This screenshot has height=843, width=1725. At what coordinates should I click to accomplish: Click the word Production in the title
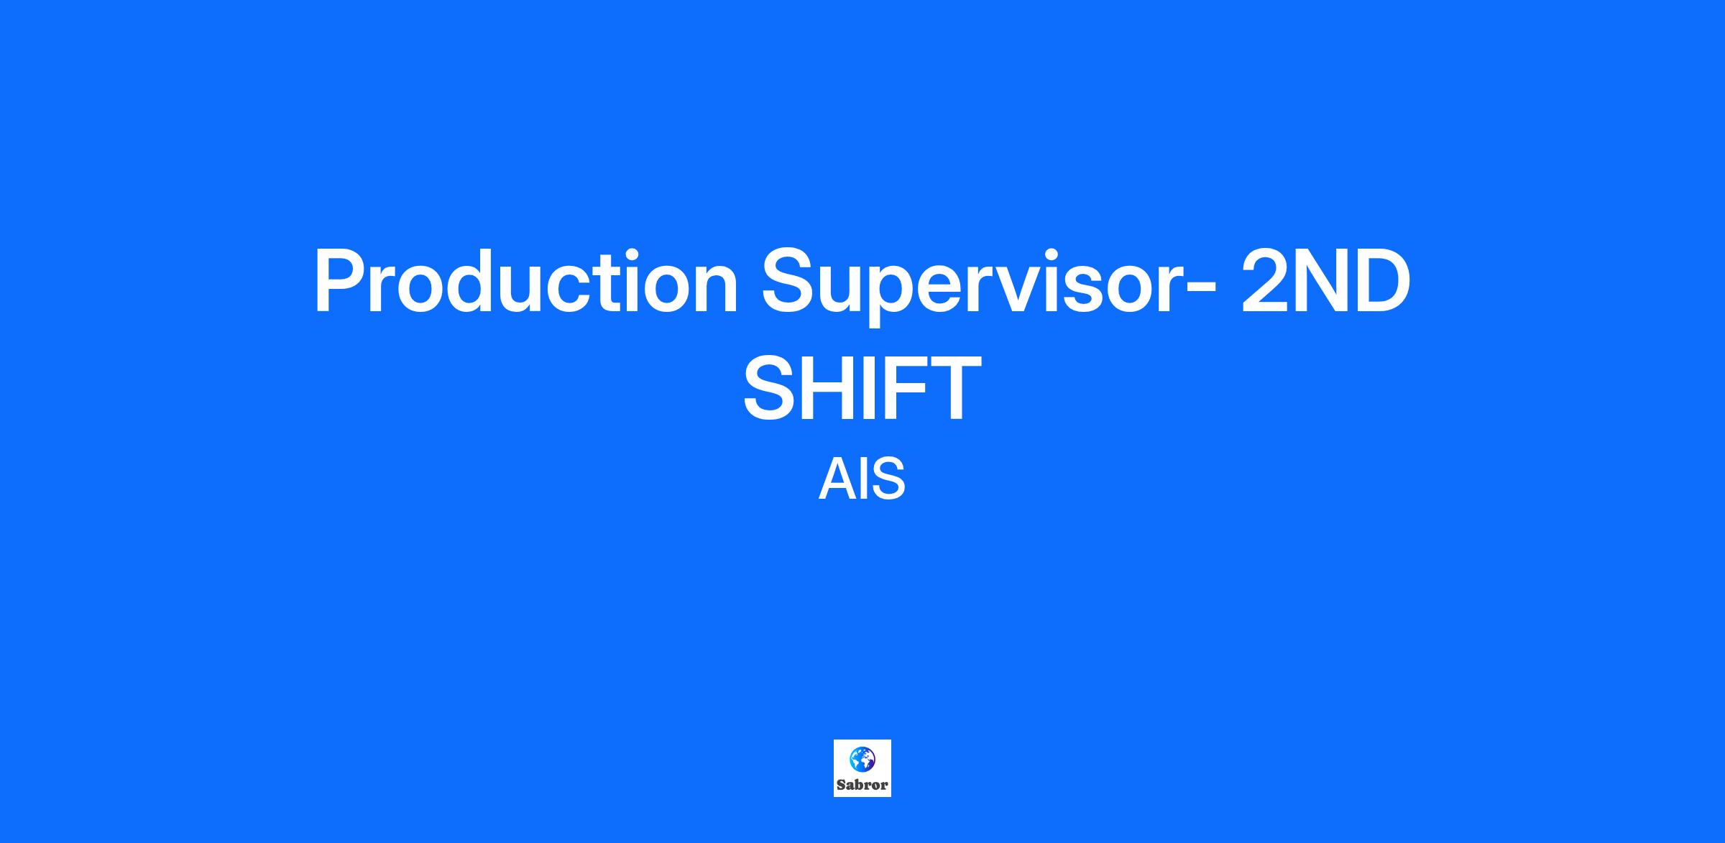click(x=526, y=281)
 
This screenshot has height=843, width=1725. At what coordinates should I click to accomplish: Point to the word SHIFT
click(x=862, y=388)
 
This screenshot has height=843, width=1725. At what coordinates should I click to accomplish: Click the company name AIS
click(x=862, y=479)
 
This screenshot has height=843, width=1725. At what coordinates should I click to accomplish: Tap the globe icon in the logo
click(x=862, y=759)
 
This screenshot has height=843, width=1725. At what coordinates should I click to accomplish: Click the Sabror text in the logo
click(x=862, y=785)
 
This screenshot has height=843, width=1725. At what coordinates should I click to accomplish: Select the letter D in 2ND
click(x=1381, y=281)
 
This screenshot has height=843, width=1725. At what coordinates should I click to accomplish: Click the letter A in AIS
click(x=836, y=479)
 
